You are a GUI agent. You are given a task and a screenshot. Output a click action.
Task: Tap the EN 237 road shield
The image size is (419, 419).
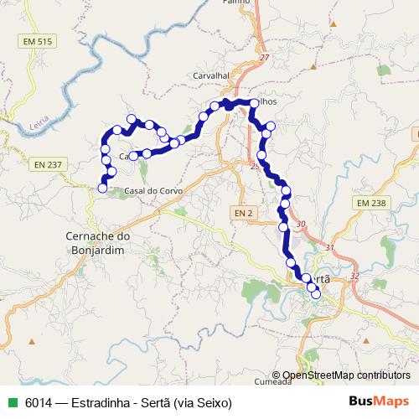(x=49, y=164)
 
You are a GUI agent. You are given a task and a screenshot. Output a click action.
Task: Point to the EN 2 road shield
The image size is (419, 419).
(x=243, y=214)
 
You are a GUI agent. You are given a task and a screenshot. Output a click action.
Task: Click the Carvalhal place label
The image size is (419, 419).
(x=210, y=75)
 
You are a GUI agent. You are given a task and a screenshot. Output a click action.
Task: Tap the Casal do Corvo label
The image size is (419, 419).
(x=152, y=191)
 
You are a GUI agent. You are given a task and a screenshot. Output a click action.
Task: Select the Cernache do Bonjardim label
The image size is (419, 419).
(x=97, y=244)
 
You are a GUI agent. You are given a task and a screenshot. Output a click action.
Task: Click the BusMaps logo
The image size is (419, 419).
(x=378, y=402)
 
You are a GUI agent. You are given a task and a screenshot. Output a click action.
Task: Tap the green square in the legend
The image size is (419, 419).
(x=12, y=403)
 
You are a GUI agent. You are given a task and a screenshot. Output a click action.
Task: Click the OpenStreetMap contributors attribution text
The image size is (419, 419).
(x=346, y=375)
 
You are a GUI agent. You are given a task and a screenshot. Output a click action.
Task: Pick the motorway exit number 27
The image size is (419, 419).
(x=265, y=57)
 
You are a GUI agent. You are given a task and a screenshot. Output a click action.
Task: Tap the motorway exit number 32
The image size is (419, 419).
(x=355, y=276)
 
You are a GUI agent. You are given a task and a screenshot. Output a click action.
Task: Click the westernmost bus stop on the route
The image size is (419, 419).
(x=102, y=189)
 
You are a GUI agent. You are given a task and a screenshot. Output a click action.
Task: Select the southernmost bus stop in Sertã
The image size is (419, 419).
(x=316, y=293)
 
